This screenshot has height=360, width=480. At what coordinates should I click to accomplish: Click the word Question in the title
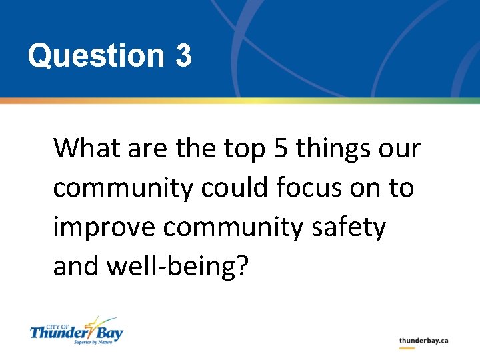95,56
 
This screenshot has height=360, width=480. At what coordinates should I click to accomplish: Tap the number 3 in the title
184,56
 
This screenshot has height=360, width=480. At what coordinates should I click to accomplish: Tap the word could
230,188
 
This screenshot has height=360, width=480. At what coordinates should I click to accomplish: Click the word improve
104,228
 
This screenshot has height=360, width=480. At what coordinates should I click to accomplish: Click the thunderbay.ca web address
423,341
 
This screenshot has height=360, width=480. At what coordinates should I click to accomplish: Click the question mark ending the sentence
241,267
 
